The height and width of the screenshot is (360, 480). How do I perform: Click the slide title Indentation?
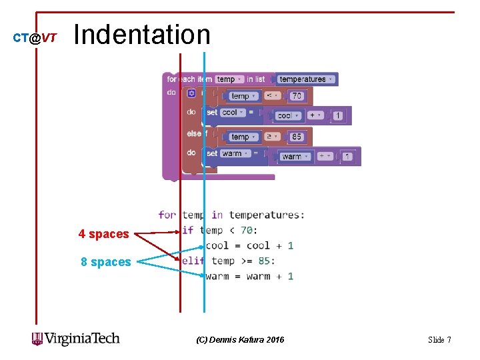point(142,35)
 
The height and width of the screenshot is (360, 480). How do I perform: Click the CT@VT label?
point(35,39)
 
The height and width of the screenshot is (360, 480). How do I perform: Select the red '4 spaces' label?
point(103,234)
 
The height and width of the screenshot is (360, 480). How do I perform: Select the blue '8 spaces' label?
point(105,262)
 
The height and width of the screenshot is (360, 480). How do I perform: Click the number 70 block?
point(297,96)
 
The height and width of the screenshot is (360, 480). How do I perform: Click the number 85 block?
point(297,137)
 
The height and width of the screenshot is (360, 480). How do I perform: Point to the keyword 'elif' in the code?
point(193,261)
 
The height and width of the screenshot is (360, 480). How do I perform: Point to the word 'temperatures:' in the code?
point(267,215)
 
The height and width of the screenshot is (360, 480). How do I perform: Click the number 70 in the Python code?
point(247,230)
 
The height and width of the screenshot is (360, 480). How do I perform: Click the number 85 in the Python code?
point(265,261)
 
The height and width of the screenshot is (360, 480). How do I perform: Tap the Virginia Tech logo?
point(76,339)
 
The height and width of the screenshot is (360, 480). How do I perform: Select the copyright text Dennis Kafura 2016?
point(240,340)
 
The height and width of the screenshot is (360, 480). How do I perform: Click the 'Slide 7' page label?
point(439,340)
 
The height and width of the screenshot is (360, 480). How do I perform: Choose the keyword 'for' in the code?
point(167,215)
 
